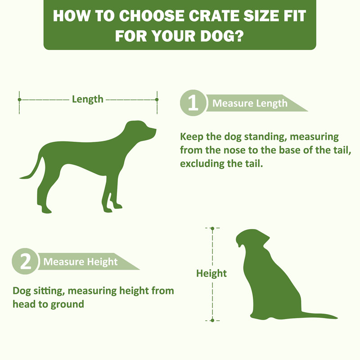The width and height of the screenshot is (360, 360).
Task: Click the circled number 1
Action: click(193, 103)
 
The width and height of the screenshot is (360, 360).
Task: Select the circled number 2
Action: click(25, 261)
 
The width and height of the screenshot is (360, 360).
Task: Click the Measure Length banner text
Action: click(250, 103)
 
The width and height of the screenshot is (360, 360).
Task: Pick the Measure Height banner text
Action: click(81, 262)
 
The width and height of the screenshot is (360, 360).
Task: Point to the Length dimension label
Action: click(88, 99)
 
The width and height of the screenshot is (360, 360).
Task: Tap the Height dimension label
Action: click(211, 274)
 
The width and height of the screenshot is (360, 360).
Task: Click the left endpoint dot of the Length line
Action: click(19, 99)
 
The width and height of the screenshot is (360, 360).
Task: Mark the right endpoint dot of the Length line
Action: click(157, 99)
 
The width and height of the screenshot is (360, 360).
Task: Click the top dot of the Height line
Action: click(212, 229)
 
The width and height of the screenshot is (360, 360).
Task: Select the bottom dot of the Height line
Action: click(212, 320)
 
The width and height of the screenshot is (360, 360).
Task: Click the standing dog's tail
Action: click(32, 169)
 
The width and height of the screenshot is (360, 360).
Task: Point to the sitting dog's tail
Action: click(319, 316)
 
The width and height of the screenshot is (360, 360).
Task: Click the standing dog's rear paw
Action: click(46, 210)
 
